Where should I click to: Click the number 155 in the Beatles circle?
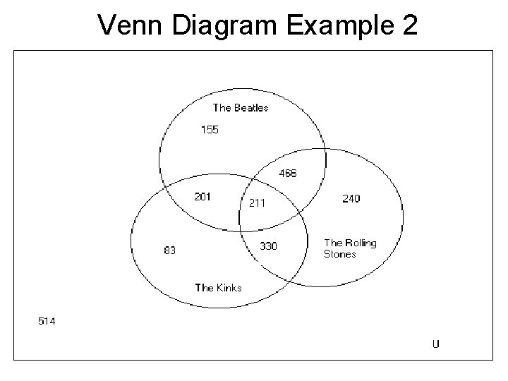[210, 129]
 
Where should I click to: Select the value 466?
[288, 173]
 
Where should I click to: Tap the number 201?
[202, 197]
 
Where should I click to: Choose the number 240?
[351, 198]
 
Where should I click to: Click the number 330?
[268, 246]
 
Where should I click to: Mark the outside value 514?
[47, 322]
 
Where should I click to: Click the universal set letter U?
[436, 344]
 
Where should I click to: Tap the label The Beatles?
[241, 108]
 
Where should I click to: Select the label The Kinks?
[218, 287]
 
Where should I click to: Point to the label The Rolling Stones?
[350, 248]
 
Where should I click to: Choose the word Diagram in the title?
[216, 26]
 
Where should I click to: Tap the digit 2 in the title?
[407, 26]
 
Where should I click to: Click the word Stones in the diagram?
[340, 254]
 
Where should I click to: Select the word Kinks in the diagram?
[229, 287]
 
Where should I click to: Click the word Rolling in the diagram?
[361, 243]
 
